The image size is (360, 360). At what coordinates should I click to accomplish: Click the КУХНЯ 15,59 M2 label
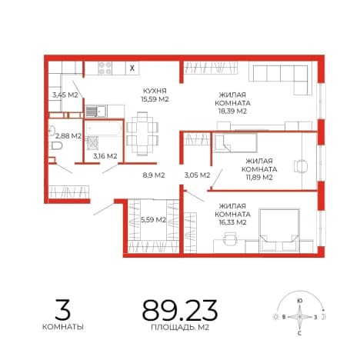click(x=155, y=95)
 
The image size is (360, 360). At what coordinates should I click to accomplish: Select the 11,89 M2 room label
click(x=259, y=169)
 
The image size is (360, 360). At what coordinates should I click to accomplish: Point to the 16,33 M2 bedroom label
click(x=232, y=214)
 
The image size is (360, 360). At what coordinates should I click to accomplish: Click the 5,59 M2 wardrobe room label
click(x=153, y=220)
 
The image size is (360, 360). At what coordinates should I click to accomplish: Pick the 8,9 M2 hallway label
click(x=153, y=175)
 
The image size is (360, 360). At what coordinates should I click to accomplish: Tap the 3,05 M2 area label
click(x=197, y=175)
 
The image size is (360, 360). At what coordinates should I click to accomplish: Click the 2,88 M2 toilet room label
click(x=68, y=136)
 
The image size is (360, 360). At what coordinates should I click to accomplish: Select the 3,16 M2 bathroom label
click(x=105, y=156)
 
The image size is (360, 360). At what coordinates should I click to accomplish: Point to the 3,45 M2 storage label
click(x=65, y=95)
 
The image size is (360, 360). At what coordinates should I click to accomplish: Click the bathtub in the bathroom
click(x=104, y=128)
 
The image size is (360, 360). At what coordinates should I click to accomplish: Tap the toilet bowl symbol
click(x=57, y=146)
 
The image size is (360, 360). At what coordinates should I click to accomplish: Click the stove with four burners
click(x=105, y=68)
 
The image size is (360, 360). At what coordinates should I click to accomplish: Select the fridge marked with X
click(x=132, y=68)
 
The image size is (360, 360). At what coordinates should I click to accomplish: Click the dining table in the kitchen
click(x=142, y=134)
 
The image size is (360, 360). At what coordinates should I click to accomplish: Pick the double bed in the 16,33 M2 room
click(x=279, y=230)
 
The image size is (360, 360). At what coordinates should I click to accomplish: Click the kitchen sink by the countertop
click(x=95, y=111)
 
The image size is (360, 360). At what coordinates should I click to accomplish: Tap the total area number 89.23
click(x=180, y=311)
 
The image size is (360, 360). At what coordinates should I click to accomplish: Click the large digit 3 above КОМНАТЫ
click(x=63, y=309)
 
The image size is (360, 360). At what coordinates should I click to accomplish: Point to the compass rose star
click(x=299, y=317)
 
